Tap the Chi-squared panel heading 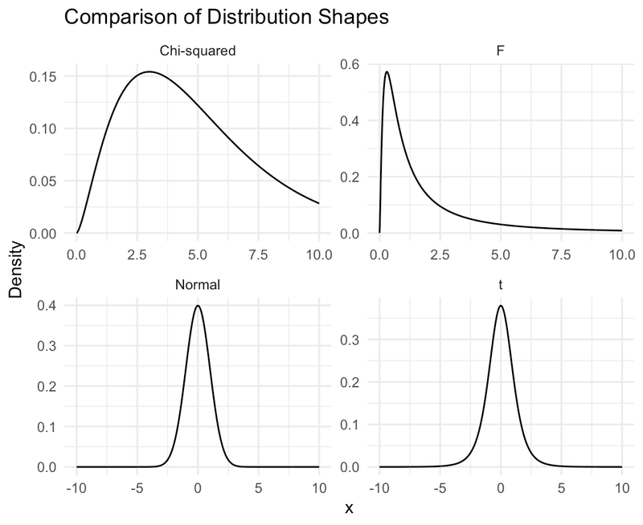click(198, 51)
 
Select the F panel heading click(500, 51)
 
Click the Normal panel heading click(198, 285)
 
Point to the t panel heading click(500, 285)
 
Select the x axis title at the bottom click(349, 508)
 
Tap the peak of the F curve click(387, 72)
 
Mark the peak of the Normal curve click(198, 306)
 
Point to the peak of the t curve click(500, 306)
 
